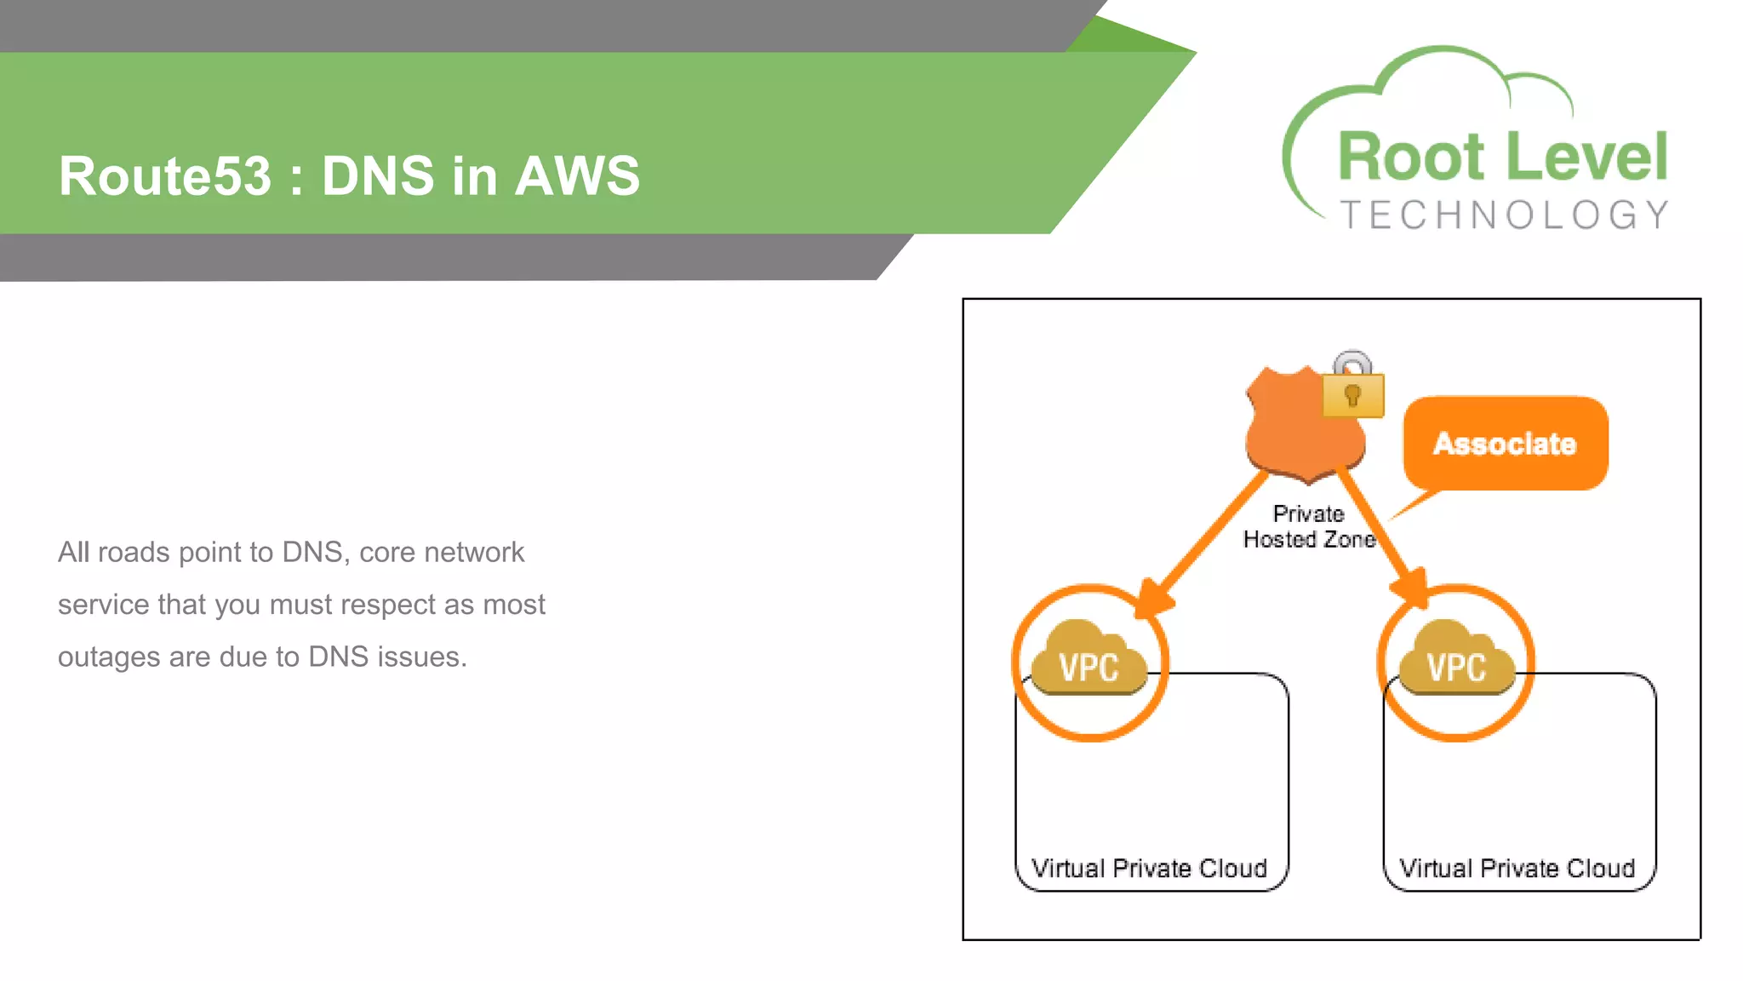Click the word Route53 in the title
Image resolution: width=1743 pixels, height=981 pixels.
point(164,176)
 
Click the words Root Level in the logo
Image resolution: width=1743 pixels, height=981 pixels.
point(1502,158)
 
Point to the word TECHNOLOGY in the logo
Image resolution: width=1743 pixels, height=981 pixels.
point(1504,215)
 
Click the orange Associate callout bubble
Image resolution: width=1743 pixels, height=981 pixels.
point(1505,443)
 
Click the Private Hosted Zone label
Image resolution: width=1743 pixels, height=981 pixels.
point(1309,526)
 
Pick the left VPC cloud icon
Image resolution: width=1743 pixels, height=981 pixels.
point(1089,660)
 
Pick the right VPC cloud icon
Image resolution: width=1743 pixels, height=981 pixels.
point(1456,660)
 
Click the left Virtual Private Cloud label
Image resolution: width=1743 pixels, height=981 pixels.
point(1149,868)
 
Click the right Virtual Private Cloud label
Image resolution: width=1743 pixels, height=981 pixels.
point(1517,868)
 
